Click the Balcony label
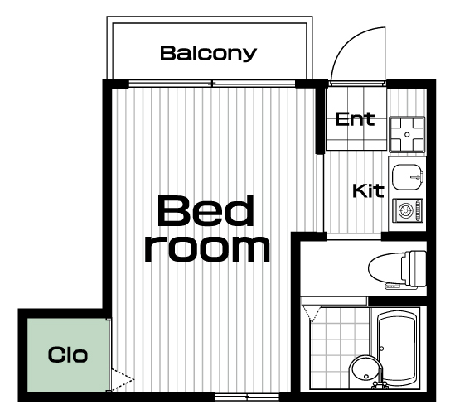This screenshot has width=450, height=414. point(208,53)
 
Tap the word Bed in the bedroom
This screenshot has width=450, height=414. point(206,211)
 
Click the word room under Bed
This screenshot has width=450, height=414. point(207,249)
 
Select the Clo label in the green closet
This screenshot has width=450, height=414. point(68,354)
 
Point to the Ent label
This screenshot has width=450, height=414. point(356,119)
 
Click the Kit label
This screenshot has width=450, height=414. point(368,190)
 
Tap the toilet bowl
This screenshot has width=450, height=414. point(386,267)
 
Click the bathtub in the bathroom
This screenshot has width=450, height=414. point(397,349)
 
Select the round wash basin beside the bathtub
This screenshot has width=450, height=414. point(365,370)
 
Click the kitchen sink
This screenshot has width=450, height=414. point(407,177)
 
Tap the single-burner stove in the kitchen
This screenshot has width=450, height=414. point(408,210)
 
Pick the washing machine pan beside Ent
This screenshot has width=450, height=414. point(407,134)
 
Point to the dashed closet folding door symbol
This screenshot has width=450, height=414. point(123,379)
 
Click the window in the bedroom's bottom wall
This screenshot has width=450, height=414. point(247,397)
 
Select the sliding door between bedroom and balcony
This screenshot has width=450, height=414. point(212,84)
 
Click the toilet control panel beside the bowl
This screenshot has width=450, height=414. point(393,286)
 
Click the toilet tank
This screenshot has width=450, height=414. point(418,268)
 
